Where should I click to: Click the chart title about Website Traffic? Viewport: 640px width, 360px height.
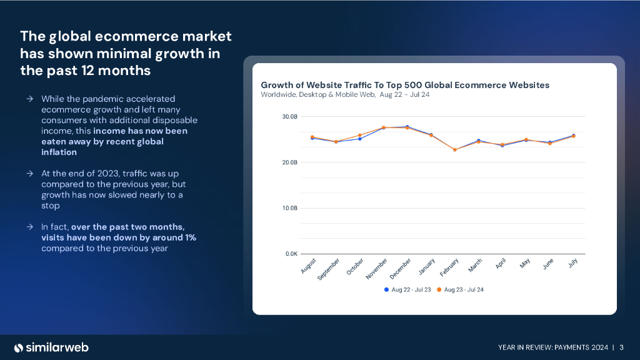[404, 85]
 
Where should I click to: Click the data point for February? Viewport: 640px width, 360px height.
[455, 150]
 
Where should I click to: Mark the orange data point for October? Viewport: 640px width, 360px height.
[360, 136]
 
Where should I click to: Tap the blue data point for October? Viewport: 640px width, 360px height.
[360, 139]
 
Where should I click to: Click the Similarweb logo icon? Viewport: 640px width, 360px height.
[19, 347]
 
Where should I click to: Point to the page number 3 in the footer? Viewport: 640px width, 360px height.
[622, 347]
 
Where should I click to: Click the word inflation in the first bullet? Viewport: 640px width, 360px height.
[59, 152]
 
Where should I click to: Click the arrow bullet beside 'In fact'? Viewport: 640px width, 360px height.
[30, 227]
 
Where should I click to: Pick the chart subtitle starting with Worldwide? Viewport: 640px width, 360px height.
[346, 95]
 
